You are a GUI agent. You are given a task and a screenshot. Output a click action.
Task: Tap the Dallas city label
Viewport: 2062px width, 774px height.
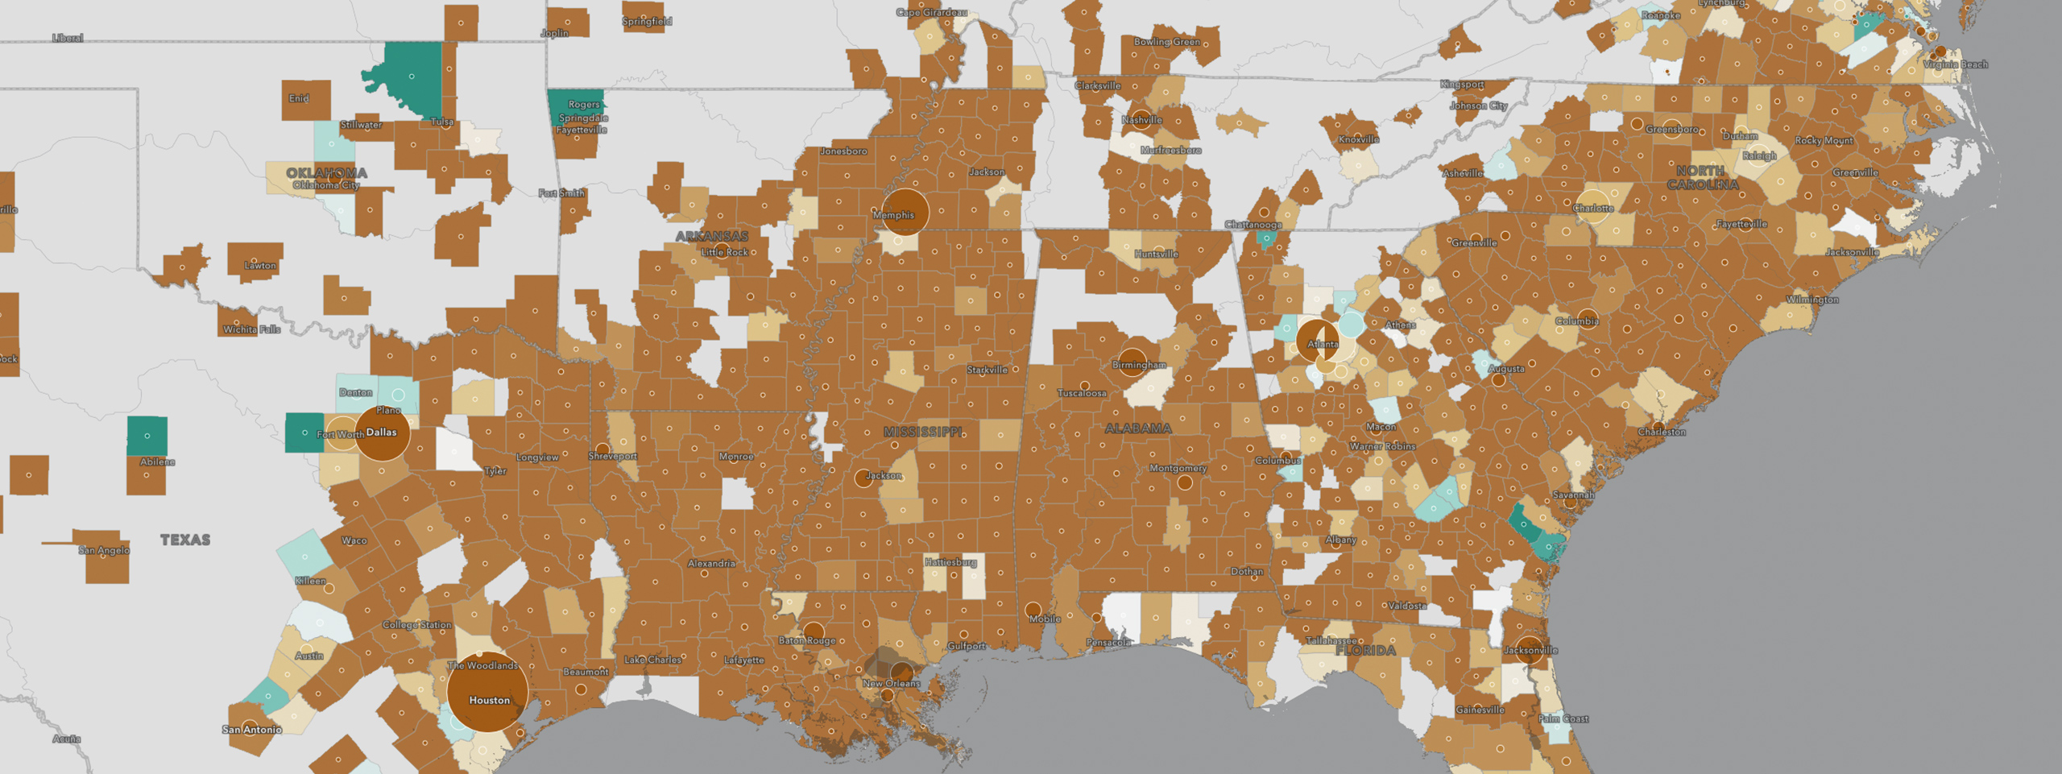pyautogui.click(x=382, y=433)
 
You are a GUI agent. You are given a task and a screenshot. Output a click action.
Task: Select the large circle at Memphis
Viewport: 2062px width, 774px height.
pyautogui.click(x=905, y=212)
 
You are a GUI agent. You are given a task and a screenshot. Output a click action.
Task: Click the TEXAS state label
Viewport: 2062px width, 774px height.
pyautogui.click(x=185, y=540)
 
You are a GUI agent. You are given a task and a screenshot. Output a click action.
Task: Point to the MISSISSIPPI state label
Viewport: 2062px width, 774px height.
pyautogui.click(x=922, y=433)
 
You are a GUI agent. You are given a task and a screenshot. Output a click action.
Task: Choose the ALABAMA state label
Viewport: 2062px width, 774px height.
pyautogui.click(x=1137, y=428)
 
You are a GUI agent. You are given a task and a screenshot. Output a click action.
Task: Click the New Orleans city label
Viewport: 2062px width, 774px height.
pyautogui.click(x=891, y=684)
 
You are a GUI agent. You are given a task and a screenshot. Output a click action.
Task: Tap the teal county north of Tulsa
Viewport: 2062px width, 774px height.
pyautogui.click(x=412, y=77)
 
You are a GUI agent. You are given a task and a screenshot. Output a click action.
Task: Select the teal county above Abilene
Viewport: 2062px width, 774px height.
pyautogui.click(x=147, y=436)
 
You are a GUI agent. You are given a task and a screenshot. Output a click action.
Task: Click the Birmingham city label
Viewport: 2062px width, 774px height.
pyautogui.click(x=1138, y=365)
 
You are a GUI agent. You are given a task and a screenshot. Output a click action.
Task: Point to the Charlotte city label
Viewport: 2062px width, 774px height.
pyautogui.click(x=1592, y=209)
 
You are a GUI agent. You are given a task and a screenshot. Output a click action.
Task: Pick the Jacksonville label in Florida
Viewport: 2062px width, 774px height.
pyautogui.click(x=1530, y=651)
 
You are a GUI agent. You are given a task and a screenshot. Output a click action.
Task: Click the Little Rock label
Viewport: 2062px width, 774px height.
pyautogui.click(x=724, y=252)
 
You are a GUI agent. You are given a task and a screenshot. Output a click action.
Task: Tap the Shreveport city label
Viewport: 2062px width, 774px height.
pyautogui.click(x=612, y=456)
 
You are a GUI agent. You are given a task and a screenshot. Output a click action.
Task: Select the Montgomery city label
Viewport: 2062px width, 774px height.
pyautogui.click(x=1178, y=468)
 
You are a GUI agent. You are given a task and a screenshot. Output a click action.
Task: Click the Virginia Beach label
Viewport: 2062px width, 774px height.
pyautogui.click(x=1955, y=64)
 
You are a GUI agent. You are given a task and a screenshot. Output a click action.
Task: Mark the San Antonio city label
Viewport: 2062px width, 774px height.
pyautogui.click(x=252, y=730)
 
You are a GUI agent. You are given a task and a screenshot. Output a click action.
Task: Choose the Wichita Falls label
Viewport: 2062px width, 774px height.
pyautogui.click(x=251, y=329)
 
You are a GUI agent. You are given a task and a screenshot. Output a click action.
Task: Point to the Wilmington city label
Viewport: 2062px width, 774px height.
pyautogui.click(x=1812, y=300)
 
